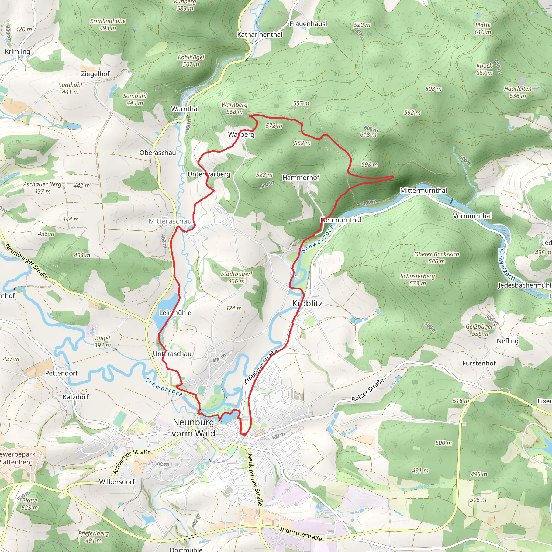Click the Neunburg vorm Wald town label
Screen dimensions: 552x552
click(194, 428)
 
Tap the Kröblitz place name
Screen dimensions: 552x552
click(307, 303)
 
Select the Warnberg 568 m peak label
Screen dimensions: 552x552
click(234, 109)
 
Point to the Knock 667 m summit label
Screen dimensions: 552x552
click(484, 70)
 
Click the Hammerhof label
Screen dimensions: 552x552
click(301, 177)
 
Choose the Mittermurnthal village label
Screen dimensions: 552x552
click(423, 190)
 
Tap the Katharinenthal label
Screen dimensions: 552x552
click(260, 34)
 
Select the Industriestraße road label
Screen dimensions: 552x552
click(301, 534)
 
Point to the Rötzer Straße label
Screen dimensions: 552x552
click(367, 390)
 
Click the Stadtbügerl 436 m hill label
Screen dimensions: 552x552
click(236, 277)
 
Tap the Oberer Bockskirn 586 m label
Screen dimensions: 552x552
click(437, 258)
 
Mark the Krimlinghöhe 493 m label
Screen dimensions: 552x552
click(108, 25)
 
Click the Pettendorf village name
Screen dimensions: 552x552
click(61, 373)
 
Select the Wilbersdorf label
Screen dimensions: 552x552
click(117, 482)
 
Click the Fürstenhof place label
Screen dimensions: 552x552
click(479, 363)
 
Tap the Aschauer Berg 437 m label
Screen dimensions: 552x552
click(42, 188)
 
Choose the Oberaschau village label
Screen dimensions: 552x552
click(158, 153)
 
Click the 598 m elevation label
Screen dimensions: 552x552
click(370, 165)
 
